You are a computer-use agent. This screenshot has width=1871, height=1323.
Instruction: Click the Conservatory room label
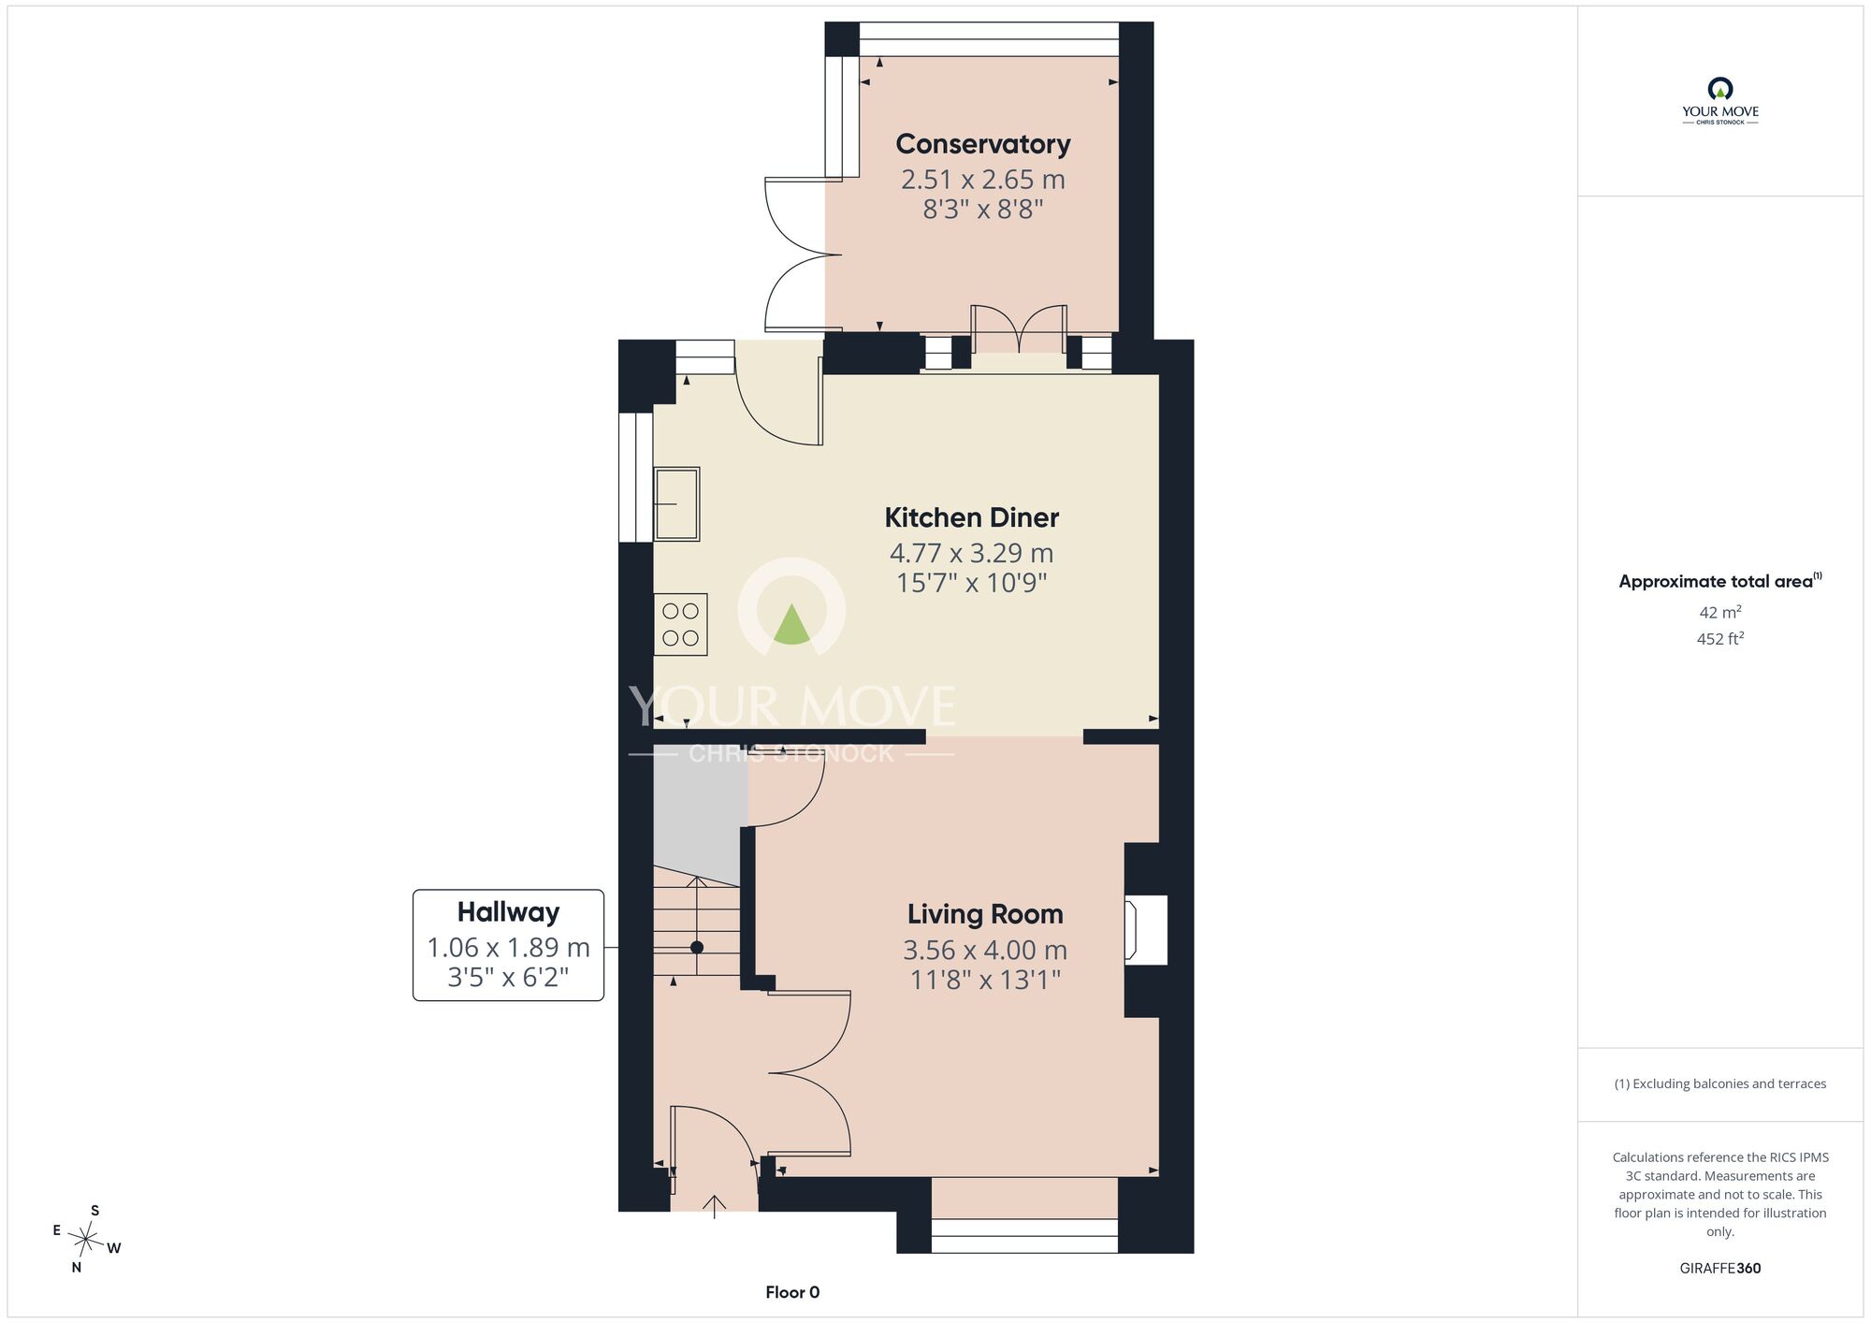click(x=982, y=144)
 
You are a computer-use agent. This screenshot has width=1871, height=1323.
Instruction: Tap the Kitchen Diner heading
click(x=972, y=517)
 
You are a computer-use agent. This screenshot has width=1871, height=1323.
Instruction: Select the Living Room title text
click(x=985, y=914)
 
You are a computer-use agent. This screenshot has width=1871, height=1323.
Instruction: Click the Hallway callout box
click(x=508, y=945)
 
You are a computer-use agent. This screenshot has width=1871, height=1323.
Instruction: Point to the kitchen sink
click(x=676, y=503)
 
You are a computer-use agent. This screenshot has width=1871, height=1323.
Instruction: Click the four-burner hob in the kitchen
click(x=680, y=624)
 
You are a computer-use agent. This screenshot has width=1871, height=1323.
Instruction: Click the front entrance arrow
click(x=715, y=1207)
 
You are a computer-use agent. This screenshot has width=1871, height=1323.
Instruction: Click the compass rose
click(x=86, y=1241)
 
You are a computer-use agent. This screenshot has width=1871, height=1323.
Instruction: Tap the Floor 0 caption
click(x=792, y=1292)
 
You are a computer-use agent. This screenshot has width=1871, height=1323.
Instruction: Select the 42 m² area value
click(x=1720, y=612)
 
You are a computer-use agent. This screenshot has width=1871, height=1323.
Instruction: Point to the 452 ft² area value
click(x=1720, y=639)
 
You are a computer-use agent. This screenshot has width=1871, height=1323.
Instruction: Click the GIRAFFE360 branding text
click(x=1720, y=1269)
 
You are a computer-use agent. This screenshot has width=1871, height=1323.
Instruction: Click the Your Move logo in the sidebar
click(x=1720, y=101)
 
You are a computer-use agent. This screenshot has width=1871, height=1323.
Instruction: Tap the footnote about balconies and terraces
click(x=1720, y=1083)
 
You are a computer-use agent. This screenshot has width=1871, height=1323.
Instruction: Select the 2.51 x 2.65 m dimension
click(x=983, y=179)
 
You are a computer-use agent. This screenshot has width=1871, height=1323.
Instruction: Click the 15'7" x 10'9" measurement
click(x=972, y=583)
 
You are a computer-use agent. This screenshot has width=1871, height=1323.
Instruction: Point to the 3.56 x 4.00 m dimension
click(x=985, y=950)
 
